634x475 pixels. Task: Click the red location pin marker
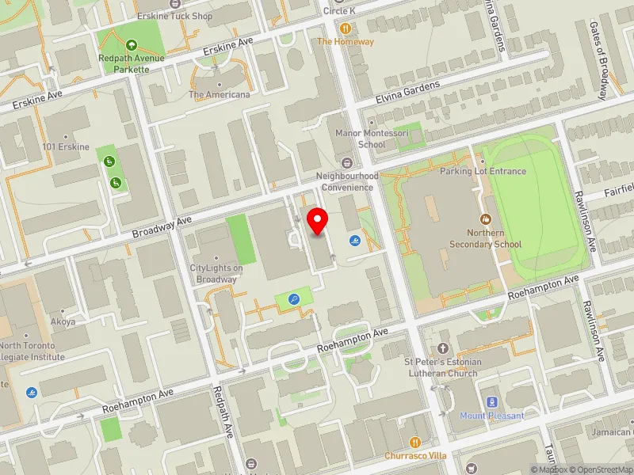[x=318, y=222]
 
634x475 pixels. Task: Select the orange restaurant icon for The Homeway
[x=345, y=27]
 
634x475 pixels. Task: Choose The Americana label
[x=219, y=95]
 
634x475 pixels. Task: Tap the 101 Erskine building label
[x=67, y=146]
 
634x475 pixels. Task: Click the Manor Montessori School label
[x=361, y=139]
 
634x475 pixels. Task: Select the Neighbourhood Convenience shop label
[x=347, y=181]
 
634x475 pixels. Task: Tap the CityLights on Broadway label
[x=217, y=273]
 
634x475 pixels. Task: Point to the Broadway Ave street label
[x=162, y=229]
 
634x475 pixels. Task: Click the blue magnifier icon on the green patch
[x=294, y=299]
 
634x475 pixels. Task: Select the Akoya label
[x=63, y=322]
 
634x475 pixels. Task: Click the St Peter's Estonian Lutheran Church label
[x=444, y=368]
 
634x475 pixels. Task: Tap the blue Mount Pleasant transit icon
[x=492, y=402]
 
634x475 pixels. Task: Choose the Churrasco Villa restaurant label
[x=416, y=455]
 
